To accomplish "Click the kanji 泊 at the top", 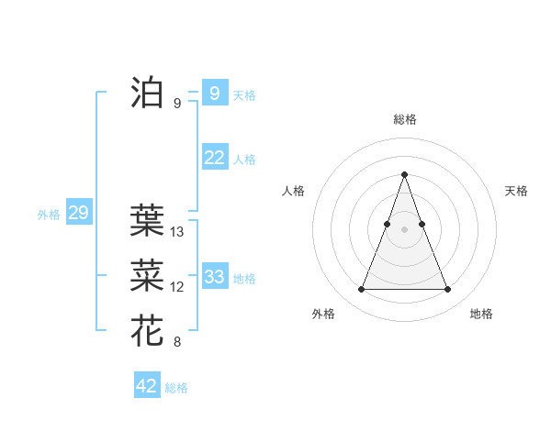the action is click(147, 93).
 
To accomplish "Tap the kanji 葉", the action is click(147, 219).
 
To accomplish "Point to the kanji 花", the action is click(147, 330).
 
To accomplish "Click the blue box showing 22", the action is click(215, 158).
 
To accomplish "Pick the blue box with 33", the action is click(215, 277).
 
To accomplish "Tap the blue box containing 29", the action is click(78, 214).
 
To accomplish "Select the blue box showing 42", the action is click(147, 386).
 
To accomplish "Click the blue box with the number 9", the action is click(214, 93).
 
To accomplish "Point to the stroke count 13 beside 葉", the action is click(177, 232).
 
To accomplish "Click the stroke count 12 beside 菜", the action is click(177, 287).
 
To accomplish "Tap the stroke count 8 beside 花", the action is click(177, 343).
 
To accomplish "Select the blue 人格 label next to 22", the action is click(244, 160).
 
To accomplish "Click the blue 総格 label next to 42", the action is click(176, 388).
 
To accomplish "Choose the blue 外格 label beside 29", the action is click(49, 215).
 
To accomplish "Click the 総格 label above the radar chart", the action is click(404, 119).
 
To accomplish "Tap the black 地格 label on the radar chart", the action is click(481, 314).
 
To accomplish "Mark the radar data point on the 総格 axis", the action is click(404, 174).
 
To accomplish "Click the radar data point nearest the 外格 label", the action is click(361, 290).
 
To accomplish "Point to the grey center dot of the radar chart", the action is click(404, 229).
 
